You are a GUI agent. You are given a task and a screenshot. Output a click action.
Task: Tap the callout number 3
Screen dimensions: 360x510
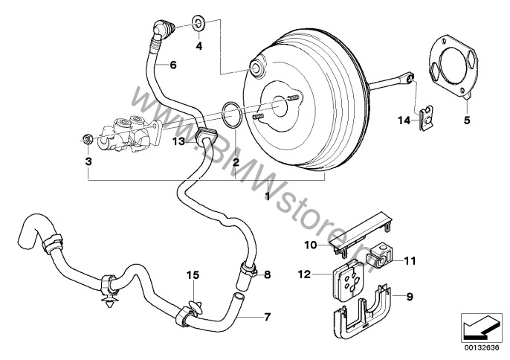(88, 161)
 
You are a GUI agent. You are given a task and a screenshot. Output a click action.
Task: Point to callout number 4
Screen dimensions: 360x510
(198, 46)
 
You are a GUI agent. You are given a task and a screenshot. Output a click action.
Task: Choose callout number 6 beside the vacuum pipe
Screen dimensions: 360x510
(172, 65)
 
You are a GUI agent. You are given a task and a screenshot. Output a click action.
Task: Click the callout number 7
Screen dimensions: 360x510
(268, 317)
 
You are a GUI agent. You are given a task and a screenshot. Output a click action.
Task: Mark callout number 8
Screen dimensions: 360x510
(268, 274)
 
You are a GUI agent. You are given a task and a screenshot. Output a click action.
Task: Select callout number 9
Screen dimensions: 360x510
(408, 296)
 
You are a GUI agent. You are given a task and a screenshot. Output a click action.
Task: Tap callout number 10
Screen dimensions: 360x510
(309, 243)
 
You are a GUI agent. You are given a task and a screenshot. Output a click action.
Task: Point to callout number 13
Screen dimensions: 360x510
(178, 140)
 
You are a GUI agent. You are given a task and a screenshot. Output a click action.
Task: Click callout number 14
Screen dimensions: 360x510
(404, 119)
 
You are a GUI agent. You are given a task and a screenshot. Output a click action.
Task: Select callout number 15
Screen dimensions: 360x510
(193, 275)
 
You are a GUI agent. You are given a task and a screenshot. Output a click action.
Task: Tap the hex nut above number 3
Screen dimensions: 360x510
(87, 138)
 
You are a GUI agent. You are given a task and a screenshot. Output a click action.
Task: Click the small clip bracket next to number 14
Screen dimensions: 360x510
(427, 118)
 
